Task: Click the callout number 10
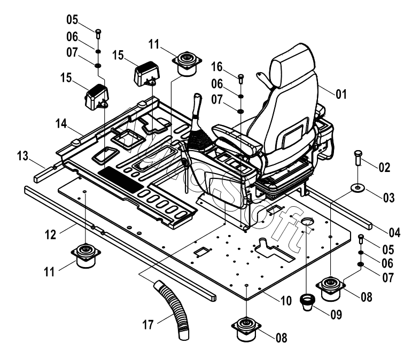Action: (x=286, y=300)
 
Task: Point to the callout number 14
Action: (x=61, y=124)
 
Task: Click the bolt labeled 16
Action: (x=240, y=78)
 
